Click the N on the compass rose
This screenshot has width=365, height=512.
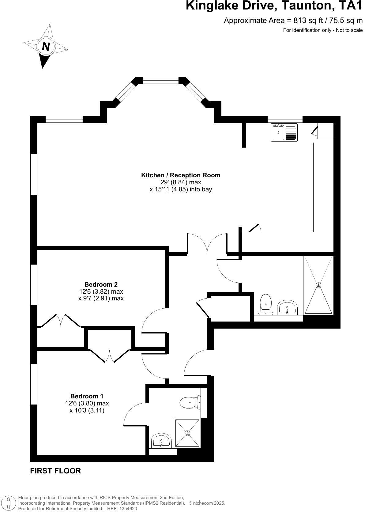[46, 47]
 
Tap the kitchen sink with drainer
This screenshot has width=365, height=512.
[284, 132]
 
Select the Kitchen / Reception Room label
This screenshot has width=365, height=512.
[181, 175]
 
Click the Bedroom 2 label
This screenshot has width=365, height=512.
[101, 284]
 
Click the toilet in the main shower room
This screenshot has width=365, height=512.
[265, 304]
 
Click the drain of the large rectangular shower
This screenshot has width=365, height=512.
[318, 285]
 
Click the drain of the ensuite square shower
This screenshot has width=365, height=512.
[187, 433]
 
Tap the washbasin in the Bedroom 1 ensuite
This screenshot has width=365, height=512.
[161, 441]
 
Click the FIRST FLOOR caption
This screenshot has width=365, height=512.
[55, 471]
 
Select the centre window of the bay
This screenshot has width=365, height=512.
[160, 81]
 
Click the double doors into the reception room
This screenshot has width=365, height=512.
[207, 243]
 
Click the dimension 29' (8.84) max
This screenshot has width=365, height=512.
[181, 182]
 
